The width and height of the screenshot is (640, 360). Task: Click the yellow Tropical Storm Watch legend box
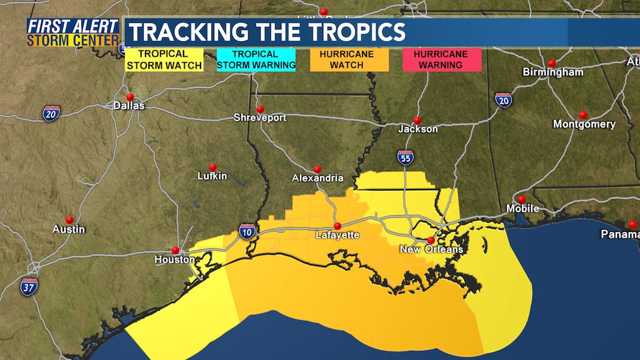[164, 59]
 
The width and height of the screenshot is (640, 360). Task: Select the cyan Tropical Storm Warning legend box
[255, 59]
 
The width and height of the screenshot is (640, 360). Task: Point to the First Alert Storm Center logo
[73, 33]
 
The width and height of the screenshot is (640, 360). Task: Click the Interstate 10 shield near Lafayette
[247, 231]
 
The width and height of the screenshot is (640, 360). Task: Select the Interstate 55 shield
[405, 157]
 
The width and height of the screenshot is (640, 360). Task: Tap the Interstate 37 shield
[29, 286]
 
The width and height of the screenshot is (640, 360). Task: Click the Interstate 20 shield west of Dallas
[52, 113]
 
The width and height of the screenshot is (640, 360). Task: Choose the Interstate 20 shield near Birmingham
[504, 100]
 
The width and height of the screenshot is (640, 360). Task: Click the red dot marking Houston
[175, 250]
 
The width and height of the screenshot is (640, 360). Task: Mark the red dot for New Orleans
[431, 240]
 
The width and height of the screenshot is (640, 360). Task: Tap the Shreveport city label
[260, 118]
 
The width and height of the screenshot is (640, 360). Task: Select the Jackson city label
[418, 129]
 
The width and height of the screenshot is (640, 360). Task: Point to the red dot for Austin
[69, 220]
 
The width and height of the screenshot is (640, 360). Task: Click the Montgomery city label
[584, 124]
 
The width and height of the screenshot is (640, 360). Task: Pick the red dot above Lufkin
[212, 167]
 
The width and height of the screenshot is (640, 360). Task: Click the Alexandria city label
[317, 178]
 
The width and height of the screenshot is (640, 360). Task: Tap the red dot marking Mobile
[521, 199]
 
